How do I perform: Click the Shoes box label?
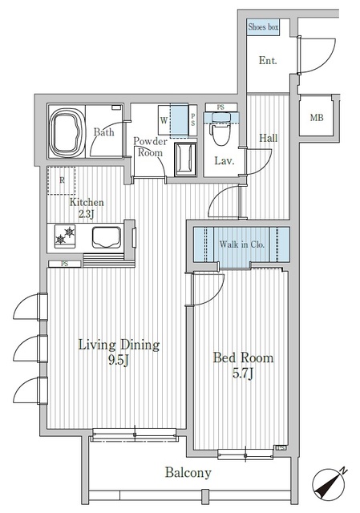point(262,27)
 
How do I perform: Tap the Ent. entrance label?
point(268,60)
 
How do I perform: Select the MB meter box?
point(318,119)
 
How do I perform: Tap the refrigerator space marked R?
point(61,180)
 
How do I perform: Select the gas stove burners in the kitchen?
point(65,236)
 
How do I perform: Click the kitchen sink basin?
point(106,237)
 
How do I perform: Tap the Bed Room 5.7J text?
point(243,366)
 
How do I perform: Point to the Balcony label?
point(188,473)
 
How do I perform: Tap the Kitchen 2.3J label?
point(83,208)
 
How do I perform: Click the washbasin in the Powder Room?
point(185,160)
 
